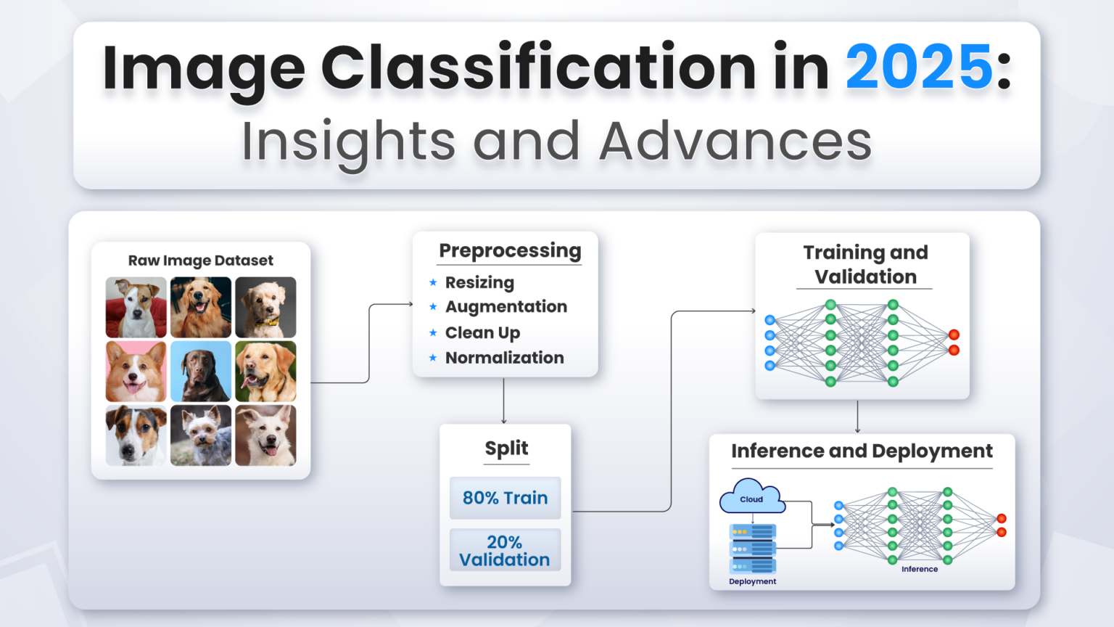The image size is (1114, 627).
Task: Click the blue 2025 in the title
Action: point(919,67)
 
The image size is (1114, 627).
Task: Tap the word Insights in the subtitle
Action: point(348,142)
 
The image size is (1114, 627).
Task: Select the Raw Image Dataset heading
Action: point(200,261)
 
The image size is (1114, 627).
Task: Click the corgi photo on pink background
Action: point(136,372)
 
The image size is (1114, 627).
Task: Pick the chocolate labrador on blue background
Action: point(201,372)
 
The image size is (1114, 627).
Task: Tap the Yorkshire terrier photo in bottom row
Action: point(201,435)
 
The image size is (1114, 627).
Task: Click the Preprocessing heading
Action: point(510,250)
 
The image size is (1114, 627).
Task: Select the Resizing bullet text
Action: point(479,282)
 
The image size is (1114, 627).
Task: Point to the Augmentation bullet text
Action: point(506,307)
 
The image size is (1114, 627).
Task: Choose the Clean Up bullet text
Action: point(482,332)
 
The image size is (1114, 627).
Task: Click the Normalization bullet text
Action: point(504,358)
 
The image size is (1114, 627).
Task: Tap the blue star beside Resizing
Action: point(433,282)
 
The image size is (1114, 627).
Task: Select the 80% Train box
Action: point(505,498)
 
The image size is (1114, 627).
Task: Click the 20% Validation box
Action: point(505,551)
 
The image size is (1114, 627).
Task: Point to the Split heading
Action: point(506,448)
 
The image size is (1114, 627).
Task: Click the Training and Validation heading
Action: point(865,264)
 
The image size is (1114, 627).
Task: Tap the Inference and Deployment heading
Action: point(862,451)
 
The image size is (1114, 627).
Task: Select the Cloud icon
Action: point(751,497)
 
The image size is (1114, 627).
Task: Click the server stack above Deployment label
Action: point(752,549)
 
